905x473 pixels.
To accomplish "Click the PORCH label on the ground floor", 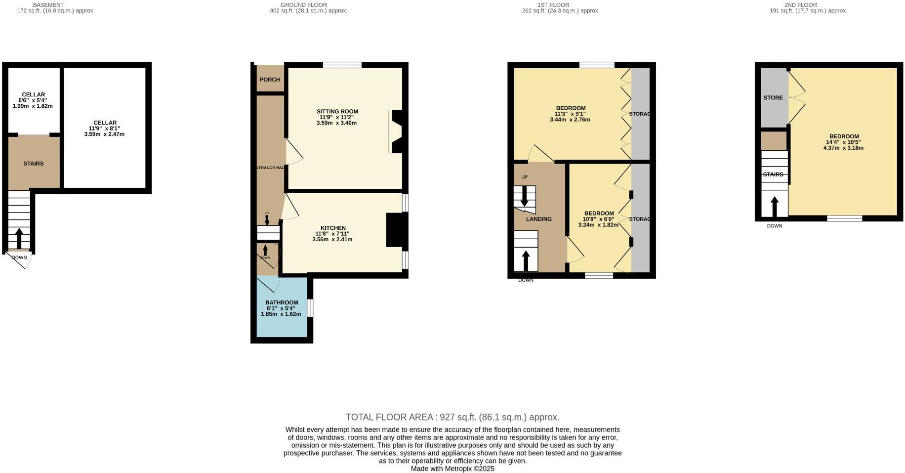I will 270,80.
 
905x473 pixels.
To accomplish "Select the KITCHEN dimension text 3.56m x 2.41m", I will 332,240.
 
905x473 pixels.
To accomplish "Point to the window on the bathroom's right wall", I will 310,308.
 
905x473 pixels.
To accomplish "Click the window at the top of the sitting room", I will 342,65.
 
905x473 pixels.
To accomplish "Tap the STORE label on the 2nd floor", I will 773,98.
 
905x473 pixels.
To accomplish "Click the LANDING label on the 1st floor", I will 538,219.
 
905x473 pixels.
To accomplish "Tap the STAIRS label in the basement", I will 34,164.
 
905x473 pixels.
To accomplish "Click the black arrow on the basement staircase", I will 19,238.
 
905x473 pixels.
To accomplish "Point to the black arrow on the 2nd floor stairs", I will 775,207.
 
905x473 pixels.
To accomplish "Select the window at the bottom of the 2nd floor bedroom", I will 845,218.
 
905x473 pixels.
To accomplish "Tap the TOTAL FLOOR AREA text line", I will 452,417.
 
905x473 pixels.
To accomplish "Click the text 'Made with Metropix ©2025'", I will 452,469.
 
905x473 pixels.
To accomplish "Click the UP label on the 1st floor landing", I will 524,177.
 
